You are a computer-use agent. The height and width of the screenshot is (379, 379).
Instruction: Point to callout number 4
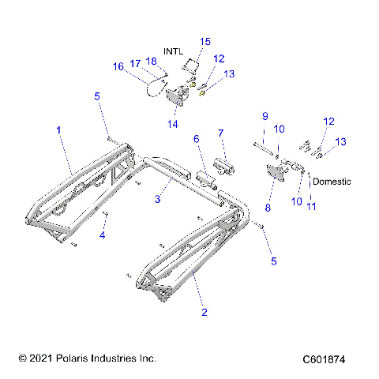(101, 235)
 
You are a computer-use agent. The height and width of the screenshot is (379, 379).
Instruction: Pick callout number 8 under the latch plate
(268, 208)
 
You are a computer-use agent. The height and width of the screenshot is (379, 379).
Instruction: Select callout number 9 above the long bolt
(265, 117)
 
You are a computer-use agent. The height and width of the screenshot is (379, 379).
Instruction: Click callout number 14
(171, 124)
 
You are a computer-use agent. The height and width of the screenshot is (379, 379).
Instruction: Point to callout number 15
(205, 41)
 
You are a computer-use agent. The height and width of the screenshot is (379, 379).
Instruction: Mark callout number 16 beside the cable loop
(118, 67)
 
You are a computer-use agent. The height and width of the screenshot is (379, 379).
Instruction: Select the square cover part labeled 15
(190, 62)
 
